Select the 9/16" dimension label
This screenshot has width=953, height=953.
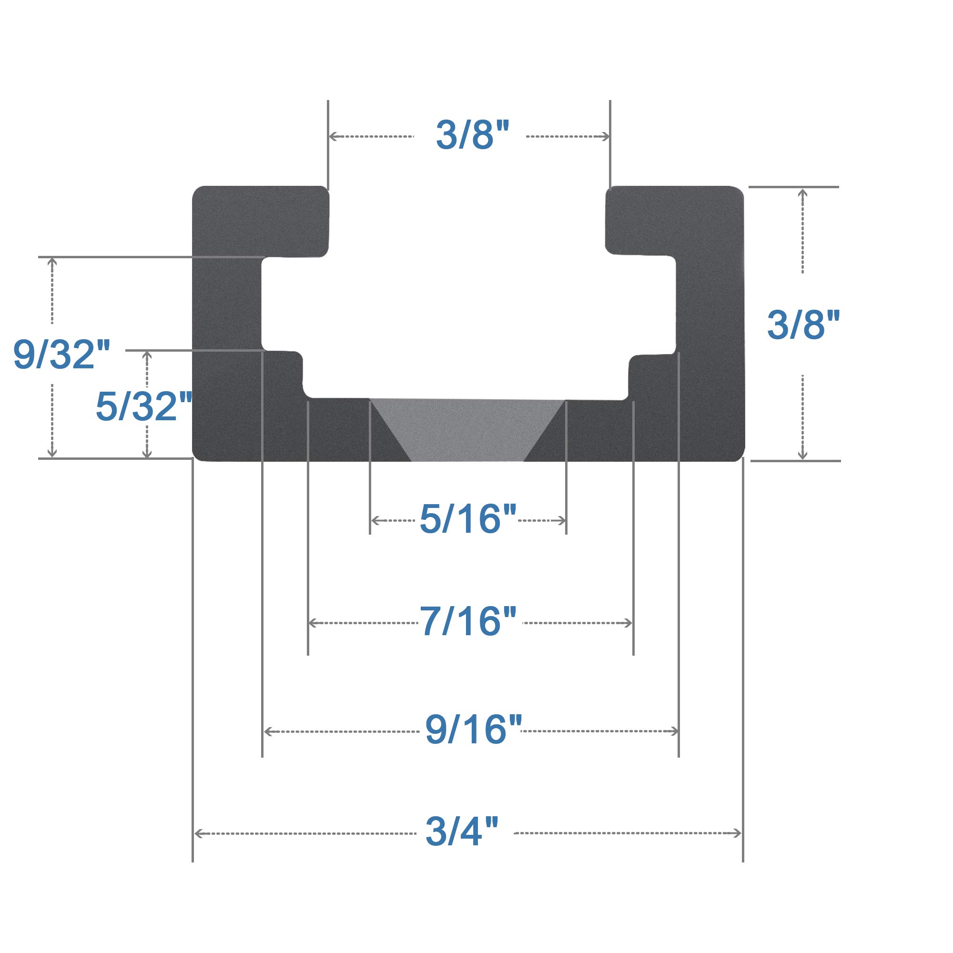tap(473, 730)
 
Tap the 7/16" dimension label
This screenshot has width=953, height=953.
tap(467, 621)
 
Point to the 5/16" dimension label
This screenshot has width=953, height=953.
tap(467, 518)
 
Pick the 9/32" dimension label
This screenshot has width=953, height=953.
tap(61, 354)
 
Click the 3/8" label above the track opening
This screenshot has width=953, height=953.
tap(472, 135)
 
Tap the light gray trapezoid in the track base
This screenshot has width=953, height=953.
tap(467, 429)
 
